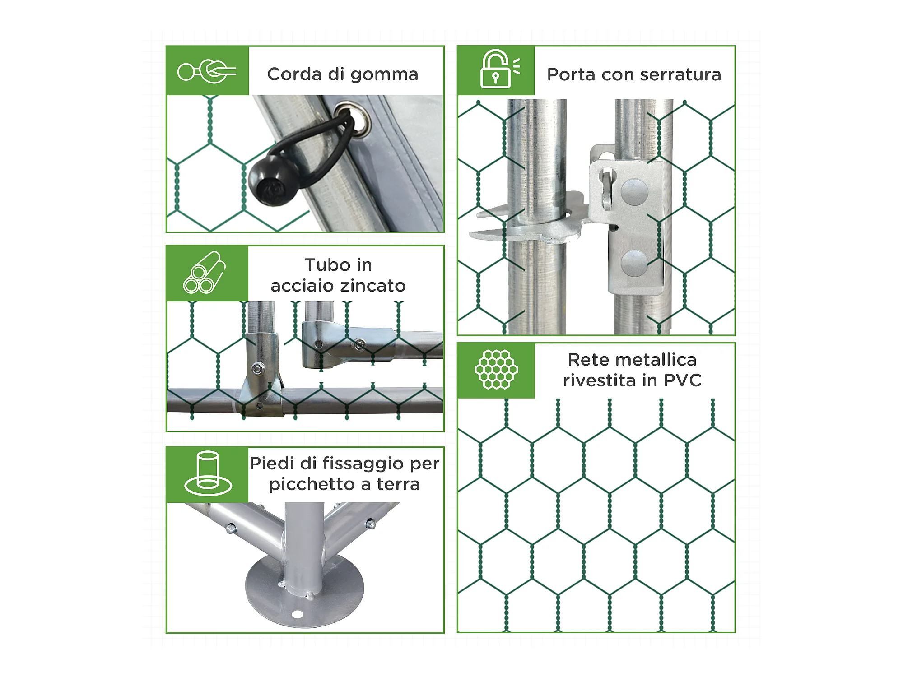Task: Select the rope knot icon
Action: (x=207, y=71)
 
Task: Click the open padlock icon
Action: (x=500, y=69)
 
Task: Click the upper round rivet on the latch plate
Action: (x=635, y=191)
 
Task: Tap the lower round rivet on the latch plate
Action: (x=635, y=263)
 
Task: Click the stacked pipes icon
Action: (x=205, y=273)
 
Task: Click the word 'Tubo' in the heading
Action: (x=324, y=265)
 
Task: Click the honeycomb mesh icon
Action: (x=496, y=369)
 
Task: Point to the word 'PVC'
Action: (x=683, y=380)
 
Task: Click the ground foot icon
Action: (x=208, y=473)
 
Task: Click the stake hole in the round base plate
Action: (x=297, y=614)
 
